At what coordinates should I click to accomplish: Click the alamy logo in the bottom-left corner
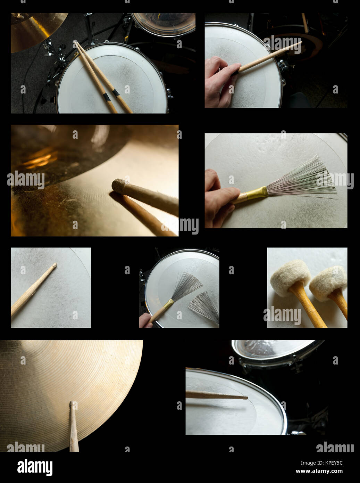(x=35, y=467)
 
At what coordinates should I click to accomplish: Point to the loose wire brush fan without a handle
(x=205, y=306)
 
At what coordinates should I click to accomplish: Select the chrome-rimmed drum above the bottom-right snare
(x=273, y=351)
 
